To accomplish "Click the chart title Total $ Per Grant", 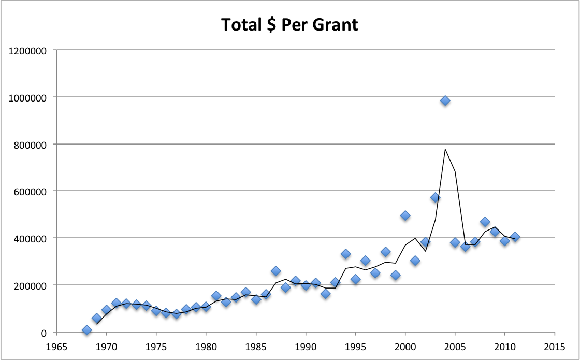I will click(289, 24).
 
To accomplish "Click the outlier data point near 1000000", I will click(445, 100).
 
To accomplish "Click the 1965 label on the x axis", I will click(57, 346).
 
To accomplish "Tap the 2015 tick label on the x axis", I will click(555, 346).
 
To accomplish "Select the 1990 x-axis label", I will click(306, 346).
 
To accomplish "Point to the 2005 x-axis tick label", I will click(455, 346).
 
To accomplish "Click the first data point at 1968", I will click(86, 330).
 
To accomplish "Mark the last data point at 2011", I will click(515, 237).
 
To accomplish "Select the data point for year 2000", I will click(405, 215).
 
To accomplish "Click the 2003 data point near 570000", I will click(435, 197).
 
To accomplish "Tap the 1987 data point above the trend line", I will click(275, 271).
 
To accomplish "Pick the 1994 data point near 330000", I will click(345, 254).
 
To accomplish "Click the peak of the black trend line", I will click(445, 149).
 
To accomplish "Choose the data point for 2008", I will click(485, 222).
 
